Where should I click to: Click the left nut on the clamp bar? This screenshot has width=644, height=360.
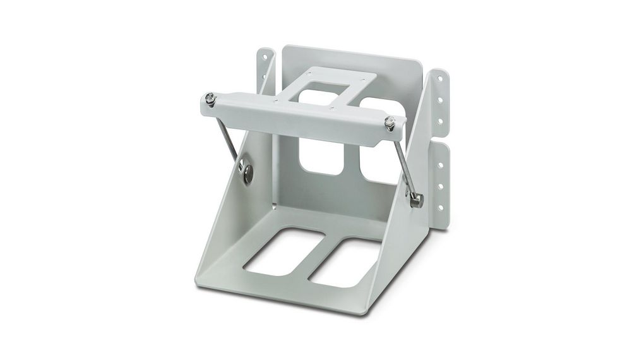(210, 99)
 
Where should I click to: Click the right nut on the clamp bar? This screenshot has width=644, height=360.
(390, 122)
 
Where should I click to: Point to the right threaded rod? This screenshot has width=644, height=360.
(404, 161)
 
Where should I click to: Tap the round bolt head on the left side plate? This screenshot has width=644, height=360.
(247, 173)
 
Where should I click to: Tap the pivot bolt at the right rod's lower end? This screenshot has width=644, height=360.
(416, 200)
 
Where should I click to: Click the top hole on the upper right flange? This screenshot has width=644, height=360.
(440, 80)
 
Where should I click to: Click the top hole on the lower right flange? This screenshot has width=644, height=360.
(440, 165)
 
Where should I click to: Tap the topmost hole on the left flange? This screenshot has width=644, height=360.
(265, 57)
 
